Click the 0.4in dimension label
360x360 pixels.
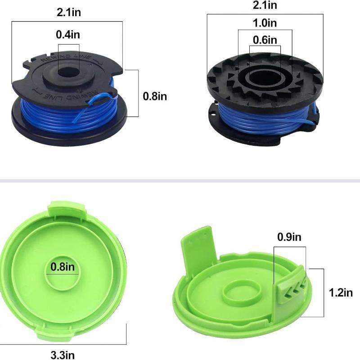click(x=68, y=35)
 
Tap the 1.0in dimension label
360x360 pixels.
click(x=265, y=23)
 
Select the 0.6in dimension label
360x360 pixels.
click(x=265, y=40)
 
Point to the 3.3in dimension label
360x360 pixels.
click(x=63, y=355)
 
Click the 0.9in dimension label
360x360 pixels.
click(x=289, y=237)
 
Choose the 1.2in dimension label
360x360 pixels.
click(x=341, y=293)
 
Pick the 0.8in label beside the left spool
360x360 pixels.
click(x=155, y=96)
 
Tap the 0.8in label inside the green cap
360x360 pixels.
click(x=63, y=267)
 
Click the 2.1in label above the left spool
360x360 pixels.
click(x=69, y=12)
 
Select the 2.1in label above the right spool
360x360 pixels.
click(x=265, y=5)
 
